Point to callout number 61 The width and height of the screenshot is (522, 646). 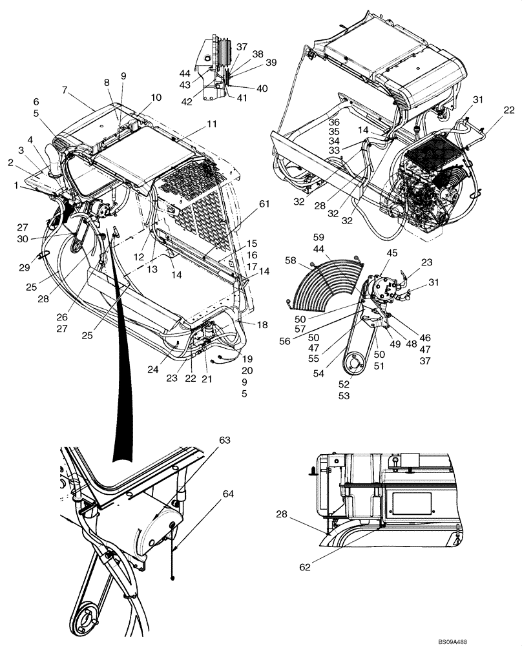246,204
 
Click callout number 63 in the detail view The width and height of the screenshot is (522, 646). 224,441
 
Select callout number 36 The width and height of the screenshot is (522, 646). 333,122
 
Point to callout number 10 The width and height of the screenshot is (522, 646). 156,98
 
